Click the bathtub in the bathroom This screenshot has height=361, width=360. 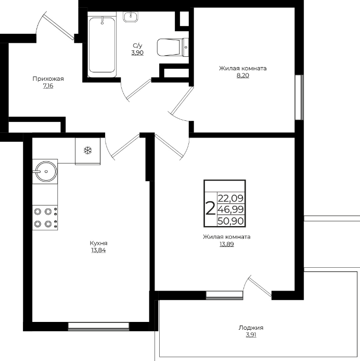pyautogui.click(x=102, y=44)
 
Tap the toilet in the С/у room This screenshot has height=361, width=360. pyautogui.click(x=173, y=47)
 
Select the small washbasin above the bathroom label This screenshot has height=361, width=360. pyautogui.click(x=131, y=17)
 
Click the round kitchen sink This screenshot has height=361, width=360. pyautogui.click(x=46, y=171)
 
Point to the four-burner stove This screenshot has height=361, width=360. pyautogui.click(x=45, y=218)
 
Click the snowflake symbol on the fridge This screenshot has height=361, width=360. pyautogui.click(x=87, y=151)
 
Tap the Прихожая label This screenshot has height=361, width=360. pyautogui.click(x=48, y=79)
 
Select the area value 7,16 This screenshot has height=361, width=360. pyautogui.click(x=48, y=86)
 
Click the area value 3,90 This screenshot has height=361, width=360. pyautogui.click(x=137, y=53)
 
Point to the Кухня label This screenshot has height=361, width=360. pyautogui.click(x=98, y=243)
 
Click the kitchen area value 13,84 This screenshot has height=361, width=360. pyautogui.click(x=98, y=250)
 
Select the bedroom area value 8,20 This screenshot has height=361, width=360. pyautogui.click(x=243, y=76)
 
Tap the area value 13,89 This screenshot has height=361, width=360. pyautogui.click(x=227, y=244)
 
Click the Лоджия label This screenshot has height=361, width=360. pyautogui.click(x=251, y=328)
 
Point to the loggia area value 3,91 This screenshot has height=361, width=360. pyautogui.click(x=251, y=335)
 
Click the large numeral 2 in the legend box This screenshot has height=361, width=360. pyautogui.click(x=210, y=208)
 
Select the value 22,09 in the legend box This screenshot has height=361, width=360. pyautogui.click(x=230, y=198)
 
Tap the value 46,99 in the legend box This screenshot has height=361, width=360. pyautogui.click(x=230, y=209)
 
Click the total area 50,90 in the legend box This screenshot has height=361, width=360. pyautogui.click(x=230, y=221)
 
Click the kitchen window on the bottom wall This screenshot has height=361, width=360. pyautogui.click(x=99, y=327)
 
